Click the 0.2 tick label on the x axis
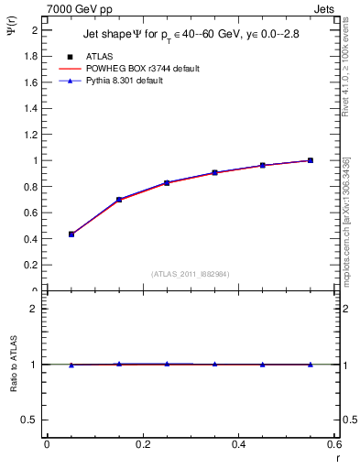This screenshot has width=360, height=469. [142, 444]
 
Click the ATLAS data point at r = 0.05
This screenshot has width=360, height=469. [71, 234]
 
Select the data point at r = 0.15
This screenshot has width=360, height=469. [119, 199]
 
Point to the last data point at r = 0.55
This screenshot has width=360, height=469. [311, 160]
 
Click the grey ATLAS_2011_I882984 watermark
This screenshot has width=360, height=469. [190, 274]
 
